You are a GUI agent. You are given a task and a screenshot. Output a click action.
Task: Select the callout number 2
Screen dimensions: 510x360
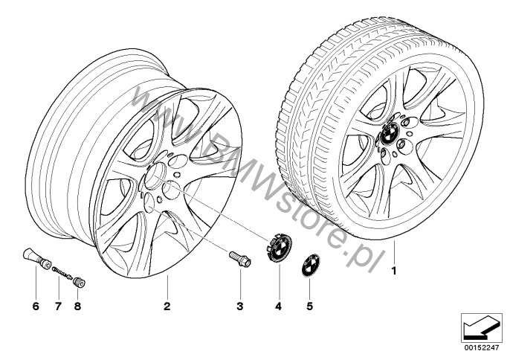[x=167, y=306]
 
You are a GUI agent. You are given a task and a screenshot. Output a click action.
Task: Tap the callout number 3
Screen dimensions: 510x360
[x=239, y=306]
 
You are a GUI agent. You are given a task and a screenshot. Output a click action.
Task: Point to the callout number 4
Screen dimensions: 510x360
[x=278, y=306]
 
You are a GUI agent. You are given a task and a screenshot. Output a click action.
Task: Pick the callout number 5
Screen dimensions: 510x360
[x=309, y=306]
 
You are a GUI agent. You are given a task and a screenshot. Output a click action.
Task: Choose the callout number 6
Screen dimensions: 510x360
[x=36, y=306]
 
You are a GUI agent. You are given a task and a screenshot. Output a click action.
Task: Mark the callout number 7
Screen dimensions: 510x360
[x=58, y=306]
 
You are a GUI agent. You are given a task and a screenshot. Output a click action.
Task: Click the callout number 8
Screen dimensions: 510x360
[x=77, y=306]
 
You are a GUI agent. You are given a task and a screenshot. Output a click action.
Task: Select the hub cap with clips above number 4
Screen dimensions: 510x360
[x=279, y=246]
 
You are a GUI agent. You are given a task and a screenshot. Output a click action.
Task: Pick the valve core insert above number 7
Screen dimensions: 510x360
[x=62, y=273]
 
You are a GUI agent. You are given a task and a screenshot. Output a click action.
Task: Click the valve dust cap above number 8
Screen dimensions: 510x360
[x=79, y=282]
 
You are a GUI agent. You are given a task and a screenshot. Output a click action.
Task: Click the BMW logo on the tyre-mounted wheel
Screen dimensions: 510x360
[x=390, y=133]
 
